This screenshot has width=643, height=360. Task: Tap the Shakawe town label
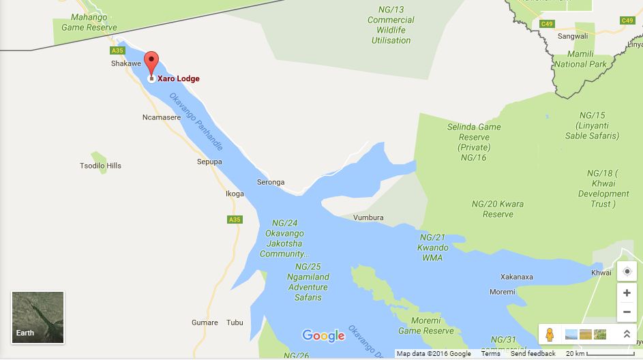click(125, 63)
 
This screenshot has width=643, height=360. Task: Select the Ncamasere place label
click(162, 117)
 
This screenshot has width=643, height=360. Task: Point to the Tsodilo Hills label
click(100, 166)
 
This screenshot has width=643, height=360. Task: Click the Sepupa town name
click(209, 162)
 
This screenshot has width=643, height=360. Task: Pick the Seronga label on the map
click(271, 182)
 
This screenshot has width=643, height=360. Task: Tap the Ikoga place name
click(235, 194)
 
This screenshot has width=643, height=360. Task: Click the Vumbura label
click(368, 217)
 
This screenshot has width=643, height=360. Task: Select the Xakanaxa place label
click(516, 277)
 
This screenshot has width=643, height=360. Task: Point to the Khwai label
click(601, 272)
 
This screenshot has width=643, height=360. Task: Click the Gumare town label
click(205, 322)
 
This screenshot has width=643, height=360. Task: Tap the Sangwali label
click(573, 36)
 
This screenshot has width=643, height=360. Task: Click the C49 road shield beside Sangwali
click(546, 24)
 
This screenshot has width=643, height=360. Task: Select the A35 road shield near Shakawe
click(117, 50)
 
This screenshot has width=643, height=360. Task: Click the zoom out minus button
click(627, 313)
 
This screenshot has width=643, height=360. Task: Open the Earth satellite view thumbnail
click(38, 317)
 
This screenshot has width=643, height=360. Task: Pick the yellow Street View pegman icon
click(549, 335)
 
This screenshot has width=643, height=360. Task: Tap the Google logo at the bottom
click(323, 335)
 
